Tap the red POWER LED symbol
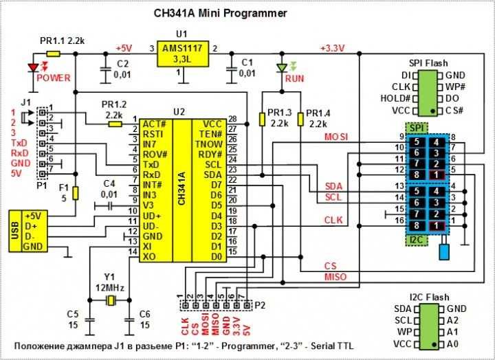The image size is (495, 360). coord(32,67)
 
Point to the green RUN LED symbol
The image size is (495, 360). coord(280,68)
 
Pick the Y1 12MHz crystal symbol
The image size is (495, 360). coord(109,300)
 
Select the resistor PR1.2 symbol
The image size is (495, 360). coord(114,124)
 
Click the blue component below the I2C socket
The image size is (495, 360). coord(445,250)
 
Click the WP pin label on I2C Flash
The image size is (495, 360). coord(403,331)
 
